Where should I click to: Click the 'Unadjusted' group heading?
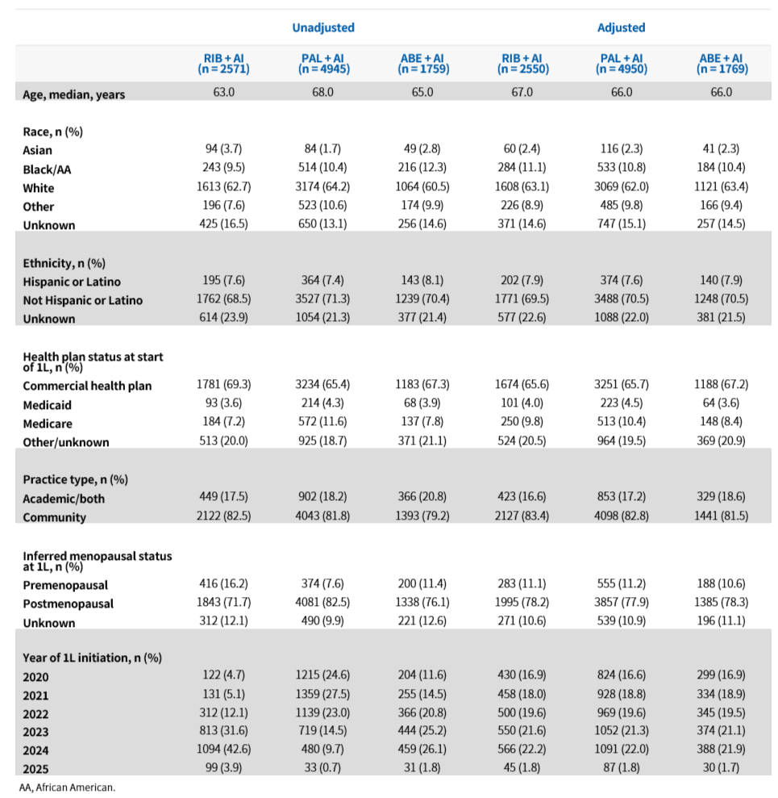[x=323, y=27]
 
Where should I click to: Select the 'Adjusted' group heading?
[x=621, y=27]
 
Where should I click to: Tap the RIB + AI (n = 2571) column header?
[x=224, y=64]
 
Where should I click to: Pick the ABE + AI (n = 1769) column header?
[x=722, y=64]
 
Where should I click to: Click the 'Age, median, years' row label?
[x=73, y=94]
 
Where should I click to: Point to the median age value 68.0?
[x=323, y=92]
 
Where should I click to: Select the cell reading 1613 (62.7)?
[x=224, y=186]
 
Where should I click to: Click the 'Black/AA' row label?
[x=47, y=169]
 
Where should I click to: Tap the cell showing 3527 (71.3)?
[x=323, y=299]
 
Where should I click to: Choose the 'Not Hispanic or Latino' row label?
[x=82, y=300]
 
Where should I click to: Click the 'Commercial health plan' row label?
[x=87, y=386]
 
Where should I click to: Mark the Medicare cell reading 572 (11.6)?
[x=323, y=421]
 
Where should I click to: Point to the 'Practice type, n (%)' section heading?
[x=75, y=479]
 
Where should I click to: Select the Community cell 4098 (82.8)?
[x=621, y=516]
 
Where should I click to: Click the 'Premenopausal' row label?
[x=65, y=585]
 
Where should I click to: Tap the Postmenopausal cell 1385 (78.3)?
[x=722, y=602]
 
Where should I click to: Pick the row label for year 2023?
[x=35, y=732]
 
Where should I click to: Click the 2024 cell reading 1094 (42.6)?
[x=224, y=749]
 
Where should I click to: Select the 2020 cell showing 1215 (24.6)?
[x=323, y=675]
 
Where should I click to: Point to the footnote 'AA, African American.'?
[x=67, y=788]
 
